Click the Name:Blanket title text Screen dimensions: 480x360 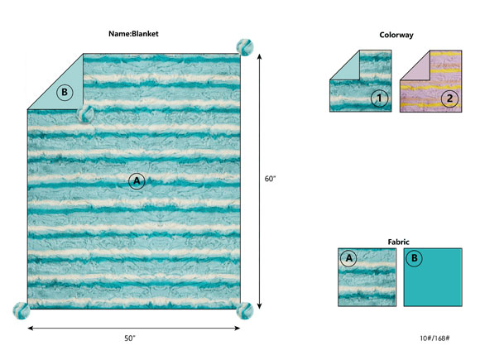pyautogui.click(x=133, y=34)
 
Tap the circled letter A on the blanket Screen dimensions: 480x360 pyautogui.click(x=137, y=181)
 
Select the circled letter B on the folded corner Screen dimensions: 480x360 pyautogui.click(x=65, y=92)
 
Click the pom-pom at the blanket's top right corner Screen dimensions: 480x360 pyautogui.click(x=245, y=47)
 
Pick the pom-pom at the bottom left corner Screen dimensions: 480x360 pyautogui.click(x=22, y=310)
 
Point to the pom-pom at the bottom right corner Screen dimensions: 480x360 pyautogui.click(x=245, y=310)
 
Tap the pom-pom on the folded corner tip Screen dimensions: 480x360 pyautogui.click(x=84, y=114)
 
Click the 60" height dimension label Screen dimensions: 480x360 pyautogui.click(x=270, y=179)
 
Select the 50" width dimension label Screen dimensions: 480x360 pyautogui.click(x=130, y=338)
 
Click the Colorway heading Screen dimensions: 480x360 pyautogui.click(x=396, y=35)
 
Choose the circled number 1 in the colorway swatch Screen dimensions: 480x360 pyautogui.click(x=379, y=98)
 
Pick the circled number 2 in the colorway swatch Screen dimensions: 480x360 pyautogui.click(x=449, y=98)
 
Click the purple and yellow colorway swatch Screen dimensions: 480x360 pyautogui.click(x=431, y=81)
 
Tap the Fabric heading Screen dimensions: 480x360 pyautogui.click(x=399, y=242)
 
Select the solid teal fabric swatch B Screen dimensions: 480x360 pyautogui.click(x=433, y=277)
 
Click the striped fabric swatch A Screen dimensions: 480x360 pyautogui.click(x=367, y=277)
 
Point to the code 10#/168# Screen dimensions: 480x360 pyautogui.click(x=434, y=338)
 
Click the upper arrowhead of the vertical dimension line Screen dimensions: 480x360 pyautogui.click(x=260, y=56)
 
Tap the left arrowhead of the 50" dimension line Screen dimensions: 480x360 pyautogui.click(x=30, y=329)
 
